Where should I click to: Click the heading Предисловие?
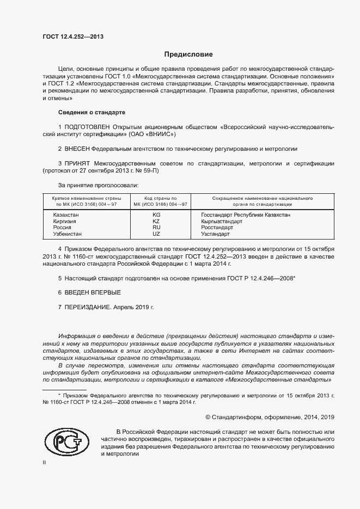pos(189,54)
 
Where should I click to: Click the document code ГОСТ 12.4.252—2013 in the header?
pos(72,37)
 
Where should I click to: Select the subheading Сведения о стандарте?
pos(91,112)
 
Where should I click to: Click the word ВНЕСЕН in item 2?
pos(77,148)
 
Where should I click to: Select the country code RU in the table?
pos(156,228)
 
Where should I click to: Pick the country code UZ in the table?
pos(156,234)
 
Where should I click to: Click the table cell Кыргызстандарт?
pos(222,222)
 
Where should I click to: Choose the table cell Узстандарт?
pos(215,234)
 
